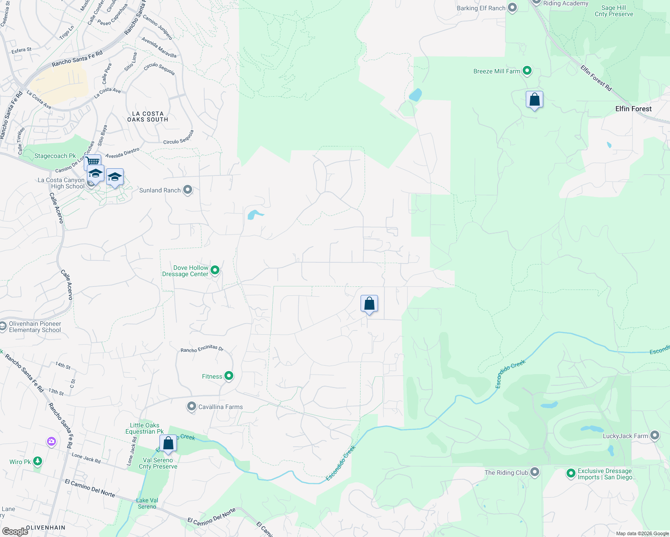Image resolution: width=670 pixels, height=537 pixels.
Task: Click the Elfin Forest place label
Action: (x=633, y=109)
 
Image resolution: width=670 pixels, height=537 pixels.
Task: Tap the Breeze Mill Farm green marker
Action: (x=527, y=71)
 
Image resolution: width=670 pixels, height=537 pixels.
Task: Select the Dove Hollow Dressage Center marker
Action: (x=215, y=270)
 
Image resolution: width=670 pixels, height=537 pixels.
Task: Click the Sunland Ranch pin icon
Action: (x=188, y=190)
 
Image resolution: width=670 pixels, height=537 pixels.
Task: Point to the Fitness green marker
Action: (x=229, y=376)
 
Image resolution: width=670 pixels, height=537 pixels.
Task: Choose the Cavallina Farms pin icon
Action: (x=192, y=406)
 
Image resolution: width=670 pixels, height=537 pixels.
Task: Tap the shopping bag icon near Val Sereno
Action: (x=168, y=443)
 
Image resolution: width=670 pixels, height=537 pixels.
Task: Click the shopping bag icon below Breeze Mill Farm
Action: (x=534, y=99)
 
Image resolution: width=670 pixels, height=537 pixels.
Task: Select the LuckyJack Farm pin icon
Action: (x=655, y=435)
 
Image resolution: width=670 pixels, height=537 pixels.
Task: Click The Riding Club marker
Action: (x=535, y=472)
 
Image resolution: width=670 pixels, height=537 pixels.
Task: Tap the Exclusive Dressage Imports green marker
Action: (x=571, y=473)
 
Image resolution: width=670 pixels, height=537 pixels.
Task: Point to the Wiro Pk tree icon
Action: (x=38, y=461)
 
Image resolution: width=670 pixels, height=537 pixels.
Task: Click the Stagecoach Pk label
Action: (x=55, y=156)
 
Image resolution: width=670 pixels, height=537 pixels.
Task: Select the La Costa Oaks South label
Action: (x=148, y=117)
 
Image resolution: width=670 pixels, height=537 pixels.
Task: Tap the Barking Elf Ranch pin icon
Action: (x=513, y=8)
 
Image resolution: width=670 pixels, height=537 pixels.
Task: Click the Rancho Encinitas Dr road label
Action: (x=202, y=349)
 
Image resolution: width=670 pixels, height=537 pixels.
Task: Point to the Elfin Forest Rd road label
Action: (x=596, y=78)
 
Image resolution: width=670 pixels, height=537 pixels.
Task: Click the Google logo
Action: (x=15, y=532)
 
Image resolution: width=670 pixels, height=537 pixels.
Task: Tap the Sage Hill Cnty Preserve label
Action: (x=614, y=11)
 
